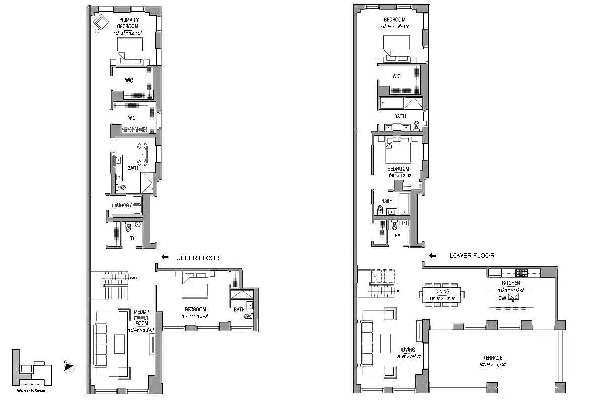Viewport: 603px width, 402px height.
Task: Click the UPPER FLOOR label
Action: click(x=197, y=258)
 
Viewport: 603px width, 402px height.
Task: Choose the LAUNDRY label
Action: click(x=122, y=205)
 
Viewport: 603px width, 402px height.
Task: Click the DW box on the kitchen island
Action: click(x=501, y=298)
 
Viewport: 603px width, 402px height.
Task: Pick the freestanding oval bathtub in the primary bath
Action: click(x=143, y=155)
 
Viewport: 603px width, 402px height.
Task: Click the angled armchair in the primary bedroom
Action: click(x=101, y=22)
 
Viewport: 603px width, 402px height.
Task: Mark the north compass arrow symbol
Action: click(x=69, y=368)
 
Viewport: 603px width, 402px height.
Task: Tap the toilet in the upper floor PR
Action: click(x=128, y=228)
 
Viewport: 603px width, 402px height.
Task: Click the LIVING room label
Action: click(x=408, y=349)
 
